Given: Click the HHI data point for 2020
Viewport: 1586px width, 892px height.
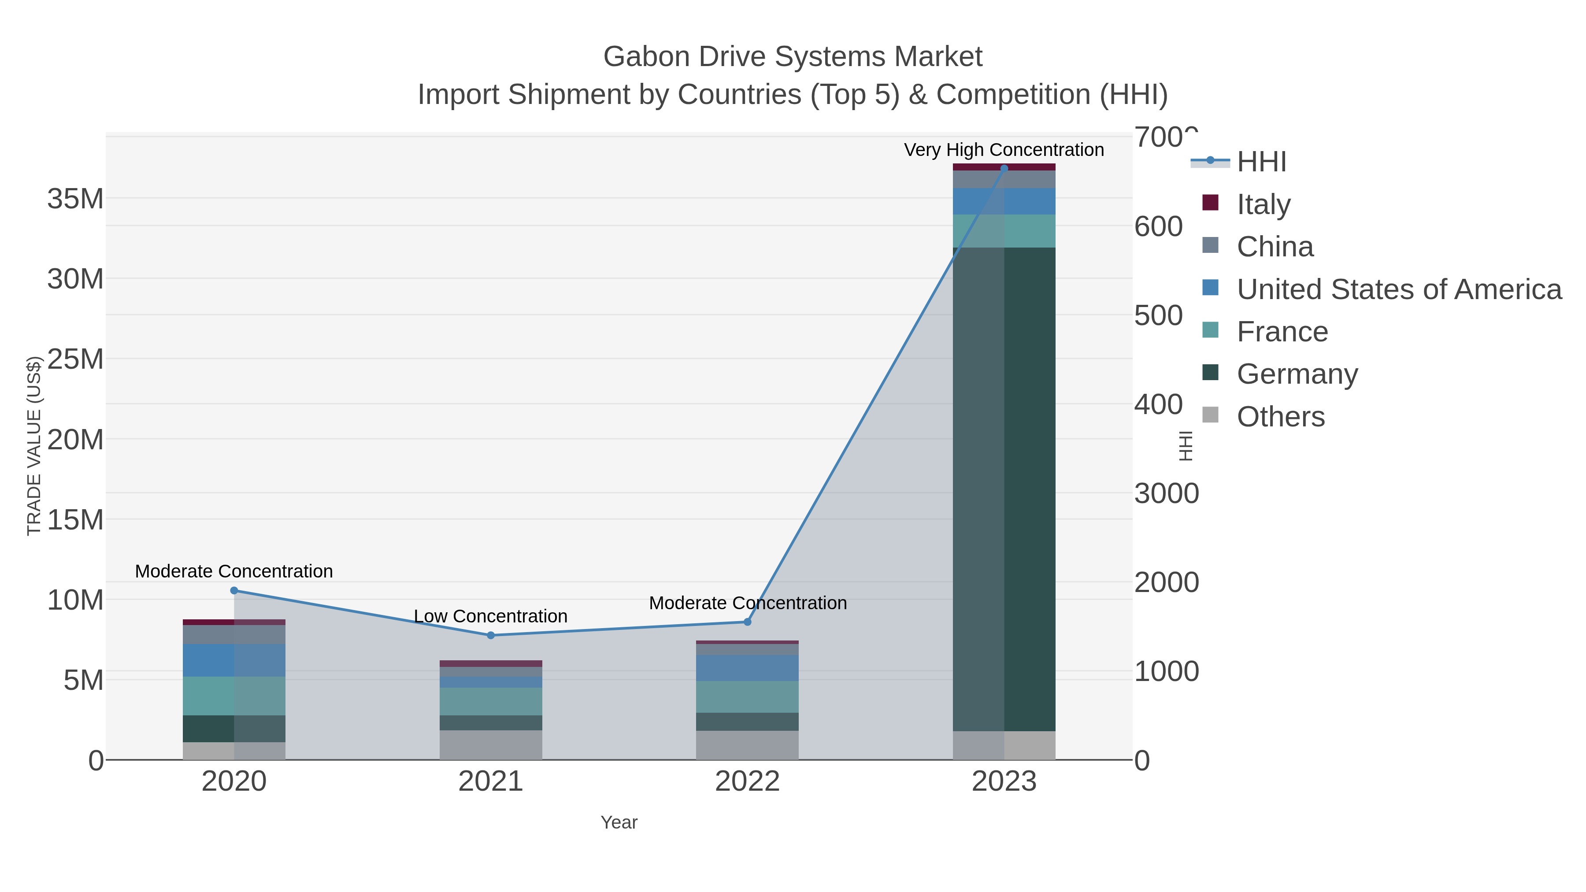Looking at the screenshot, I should coord(234,590).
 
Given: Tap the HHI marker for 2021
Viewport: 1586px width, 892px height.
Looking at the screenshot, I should coord(491,635).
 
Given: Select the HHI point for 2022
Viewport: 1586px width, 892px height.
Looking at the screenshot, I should coord(748,622).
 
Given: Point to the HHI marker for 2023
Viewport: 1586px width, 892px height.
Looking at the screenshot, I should coord(1004,168).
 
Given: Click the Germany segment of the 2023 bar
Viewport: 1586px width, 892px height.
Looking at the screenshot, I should coord(1004,489).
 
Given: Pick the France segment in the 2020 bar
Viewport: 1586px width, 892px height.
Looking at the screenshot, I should coord(234,696).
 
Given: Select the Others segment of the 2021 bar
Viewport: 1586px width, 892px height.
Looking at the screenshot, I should coord(491,745).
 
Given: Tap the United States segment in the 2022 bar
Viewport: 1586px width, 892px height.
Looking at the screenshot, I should coord(748,668).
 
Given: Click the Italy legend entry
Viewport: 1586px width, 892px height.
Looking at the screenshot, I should coord(1264,204).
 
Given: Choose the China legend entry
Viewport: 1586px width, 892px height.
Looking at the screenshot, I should coord(1275,247).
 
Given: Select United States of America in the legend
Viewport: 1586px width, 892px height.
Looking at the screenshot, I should coord(1397,289).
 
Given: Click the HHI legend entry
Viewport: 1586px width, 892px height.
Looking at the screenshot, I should coord(1261,162).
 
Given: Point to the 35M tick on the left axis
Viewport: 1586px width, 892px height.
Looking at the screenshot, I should coord(75,199).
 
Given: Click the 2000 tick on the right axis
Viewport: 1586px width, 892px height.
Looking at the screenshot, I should coord(1167,582).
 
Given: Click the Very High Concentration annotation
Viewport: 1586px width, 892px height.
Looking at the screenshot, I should coord(1004,150).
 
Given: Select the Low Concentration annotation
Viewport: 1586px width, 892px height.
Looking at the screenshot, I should coord(491,616).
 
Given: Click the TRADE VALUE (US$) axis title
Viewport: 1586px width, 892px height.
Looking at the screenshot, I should coord(34,446).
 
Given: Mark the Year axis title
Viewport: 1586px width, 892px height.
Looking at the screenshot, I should coord(619,822).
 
